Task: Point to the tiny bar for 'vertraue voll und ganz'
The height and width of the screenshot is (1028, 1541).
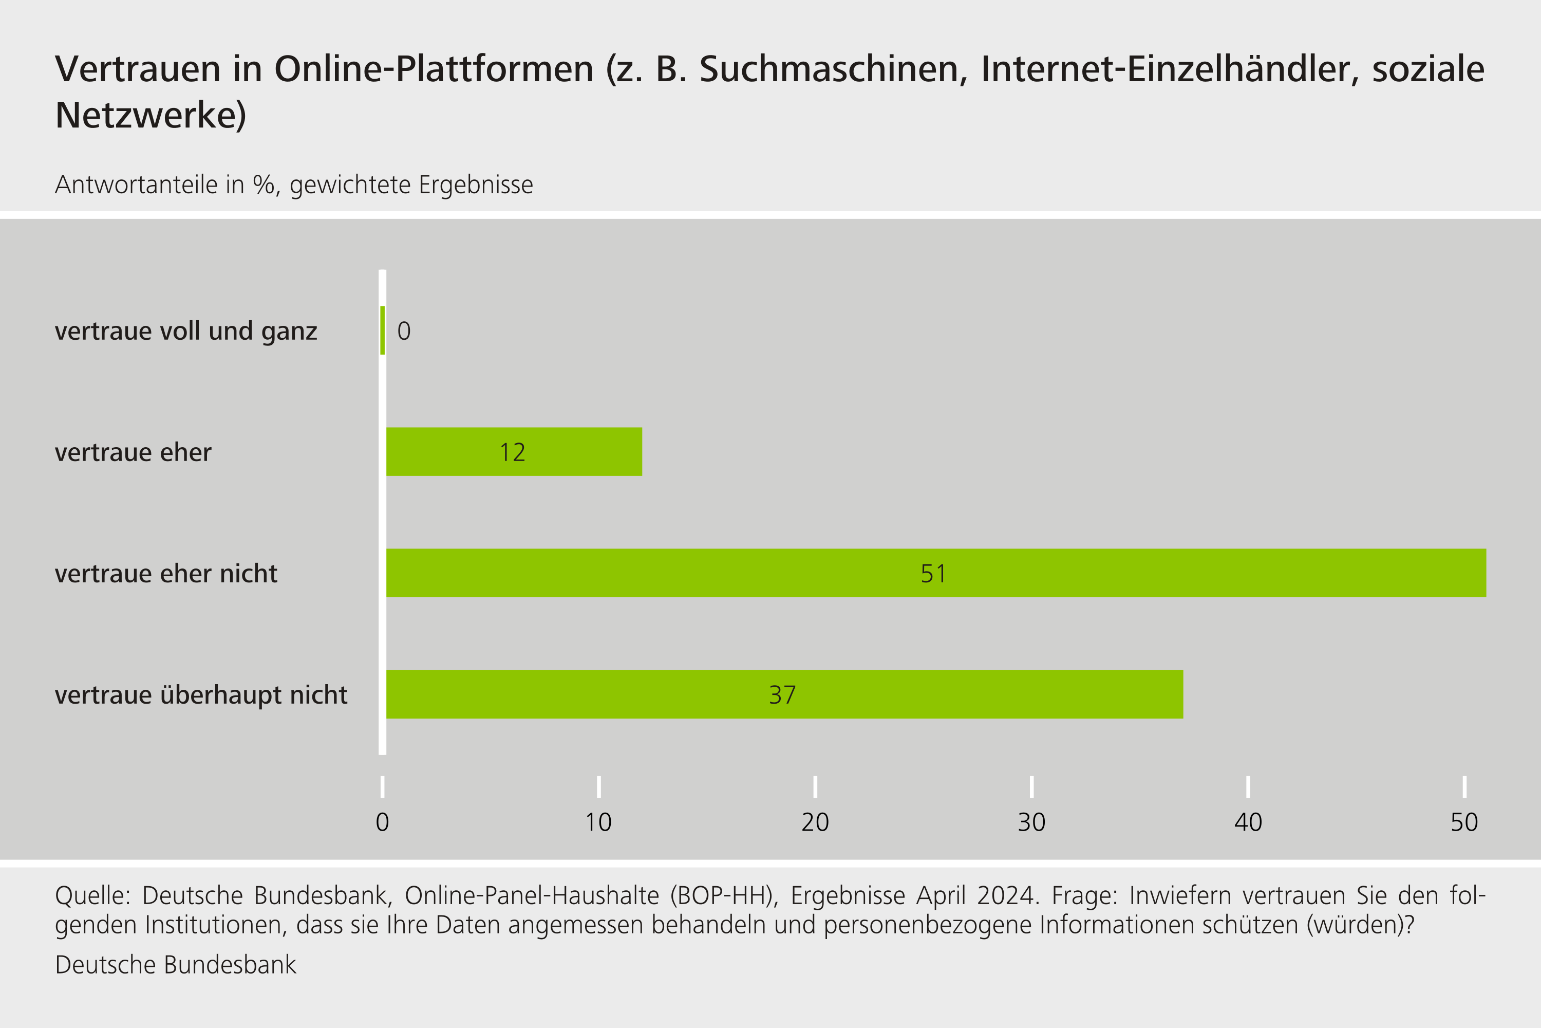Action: (x=383, y=331)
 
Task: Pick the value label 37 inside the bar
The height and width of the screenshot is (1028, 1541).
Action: (x=782, y=695)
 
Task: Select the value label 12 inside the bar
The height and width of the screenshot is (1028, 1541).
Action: (x=512, y=452)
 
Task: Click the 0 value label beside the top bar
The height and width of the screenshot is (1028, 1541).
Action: (x=404, y=331)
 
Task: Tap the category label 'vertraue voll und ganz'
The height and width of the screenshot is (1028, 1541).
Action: (x=186, y=331)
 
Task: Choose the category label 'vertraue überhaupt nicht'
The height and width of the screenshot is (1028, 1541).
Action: (x=201, y=695)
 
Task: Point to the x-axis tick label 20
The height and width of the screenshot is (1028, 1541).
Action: (x=815, y=822)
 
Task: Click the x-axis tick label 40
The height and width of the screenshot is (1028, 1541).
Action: (x=1248, y=822)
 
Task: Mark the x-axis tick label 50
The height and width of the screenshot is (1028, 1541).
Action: (x=1464, y=822)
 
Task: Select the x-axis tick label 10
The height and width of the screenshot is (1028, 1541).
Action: (x=598, y=822)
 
